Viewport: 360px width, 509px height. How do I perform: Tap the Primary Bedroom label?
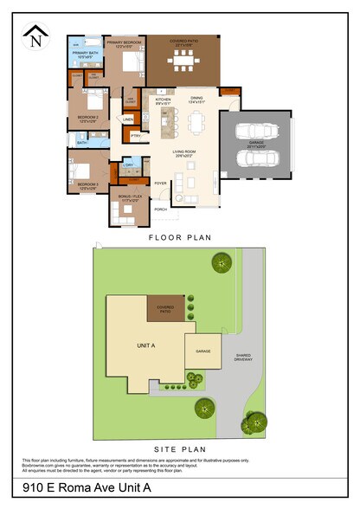point(124,42)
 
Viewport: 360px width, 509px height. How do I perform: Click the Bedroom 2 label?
point(87,117)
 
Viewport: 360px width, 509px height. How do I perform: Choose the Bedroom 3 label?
point(87,184)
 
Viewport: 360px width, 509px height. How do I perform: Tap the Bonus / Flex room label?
point(128,198)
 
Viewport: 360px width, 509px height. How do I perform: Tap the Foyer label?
point(160,184)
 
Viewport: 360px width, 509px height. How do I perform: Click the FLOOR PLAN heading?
point(180,236)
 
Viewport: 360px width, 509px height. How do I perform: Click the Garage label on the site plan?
point(202,351)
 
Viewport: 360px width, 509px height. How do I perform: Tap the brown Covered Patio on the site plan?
point(165,308)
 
